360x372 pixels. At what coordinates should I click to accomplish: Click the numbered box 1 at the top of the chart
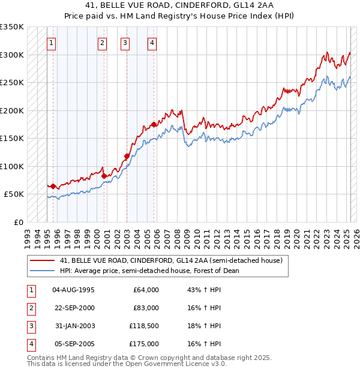[x=52, y=43]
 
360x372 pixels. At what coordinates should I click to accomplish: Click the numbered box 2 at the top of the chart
[x=103, y=43]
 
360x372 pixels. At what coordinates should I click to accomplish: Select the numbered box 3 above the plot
[x=125, y=43]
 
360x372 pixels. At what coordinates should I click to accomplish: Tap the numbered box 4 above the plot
[x=152, y=43]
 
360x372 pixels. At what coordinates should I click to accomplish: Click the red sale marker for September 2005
[x=154, y=124]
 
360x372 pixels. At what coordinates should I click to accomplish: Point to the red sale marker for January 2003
[x=127, y=156]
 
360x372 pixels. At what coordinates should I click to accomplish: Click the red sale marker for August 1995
[x=53, y=186]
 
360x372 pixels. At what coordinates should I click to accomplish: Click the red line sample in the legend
[x=43, y=260]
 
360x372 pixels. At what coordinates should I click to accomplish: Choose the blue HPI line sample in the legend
[x=43, y=271]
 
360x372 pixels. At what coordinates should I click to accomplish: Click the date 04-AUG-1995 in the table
[x=73, y=290]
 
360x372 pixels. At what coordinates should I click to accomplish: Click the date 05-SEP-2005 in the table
[x=73, y=344]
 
